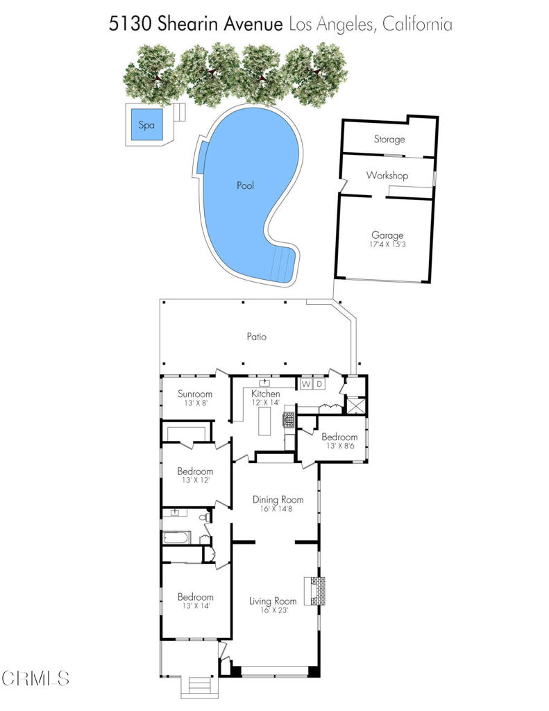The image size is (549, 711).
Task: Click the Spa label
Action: (146, 125)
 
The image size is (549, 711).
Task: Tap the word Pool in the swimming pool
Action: (245, 185)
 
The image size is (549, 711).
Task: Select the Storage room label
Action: (389, 139)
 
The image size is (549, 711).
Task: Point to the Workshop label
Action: (387, 175)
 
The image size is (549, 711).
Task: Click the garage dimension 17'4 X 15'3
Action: (387, 244)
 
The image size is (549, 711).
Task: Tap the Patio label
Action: (257, 337)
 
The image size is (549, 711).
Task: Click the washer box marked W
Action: (306, 384)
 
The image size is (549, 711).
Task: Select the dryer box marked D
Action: (319, 384)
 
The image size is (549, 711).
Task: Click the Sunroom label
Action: (195, 394)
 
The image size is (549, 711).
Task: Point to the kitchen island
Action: (264, 421)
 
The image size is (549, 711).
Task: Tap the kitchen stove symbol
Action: (289, 419)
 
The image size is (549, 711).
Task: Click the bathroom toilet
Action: (205, 517)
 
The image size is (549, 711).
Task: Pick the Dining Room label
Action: (278, 499)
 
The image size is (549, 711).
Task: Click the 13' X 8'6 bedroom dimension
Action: (340, 446)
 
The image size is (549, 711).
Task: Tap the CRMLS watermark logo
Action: (35, 678)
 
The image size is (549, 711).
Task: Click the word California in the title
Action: (417, 24)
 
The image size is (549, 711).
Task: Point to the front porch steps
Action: (200, 683)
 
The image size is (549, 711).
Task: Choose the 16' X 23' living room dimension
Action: (274, 610)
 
